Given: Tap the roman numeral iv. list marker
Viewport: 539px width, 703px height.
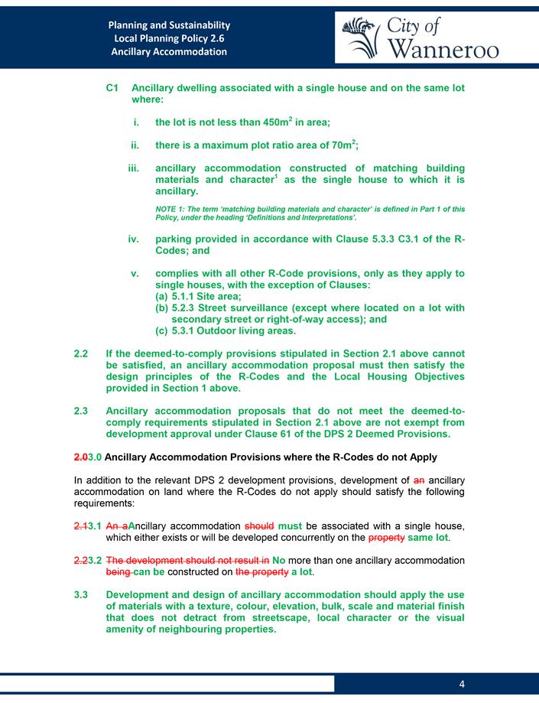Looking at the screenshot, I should [x=134, y=239].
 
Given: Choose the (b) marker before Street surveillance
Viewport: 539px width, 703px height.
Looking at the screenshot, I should [x=162, y=308].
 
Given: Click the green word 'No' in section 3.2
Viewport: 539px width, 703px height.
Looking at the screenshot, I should [x=279, y=560].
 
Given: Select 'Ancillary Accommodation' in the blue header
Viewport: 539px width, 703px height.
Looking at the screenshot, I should [x=169, y=51].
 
